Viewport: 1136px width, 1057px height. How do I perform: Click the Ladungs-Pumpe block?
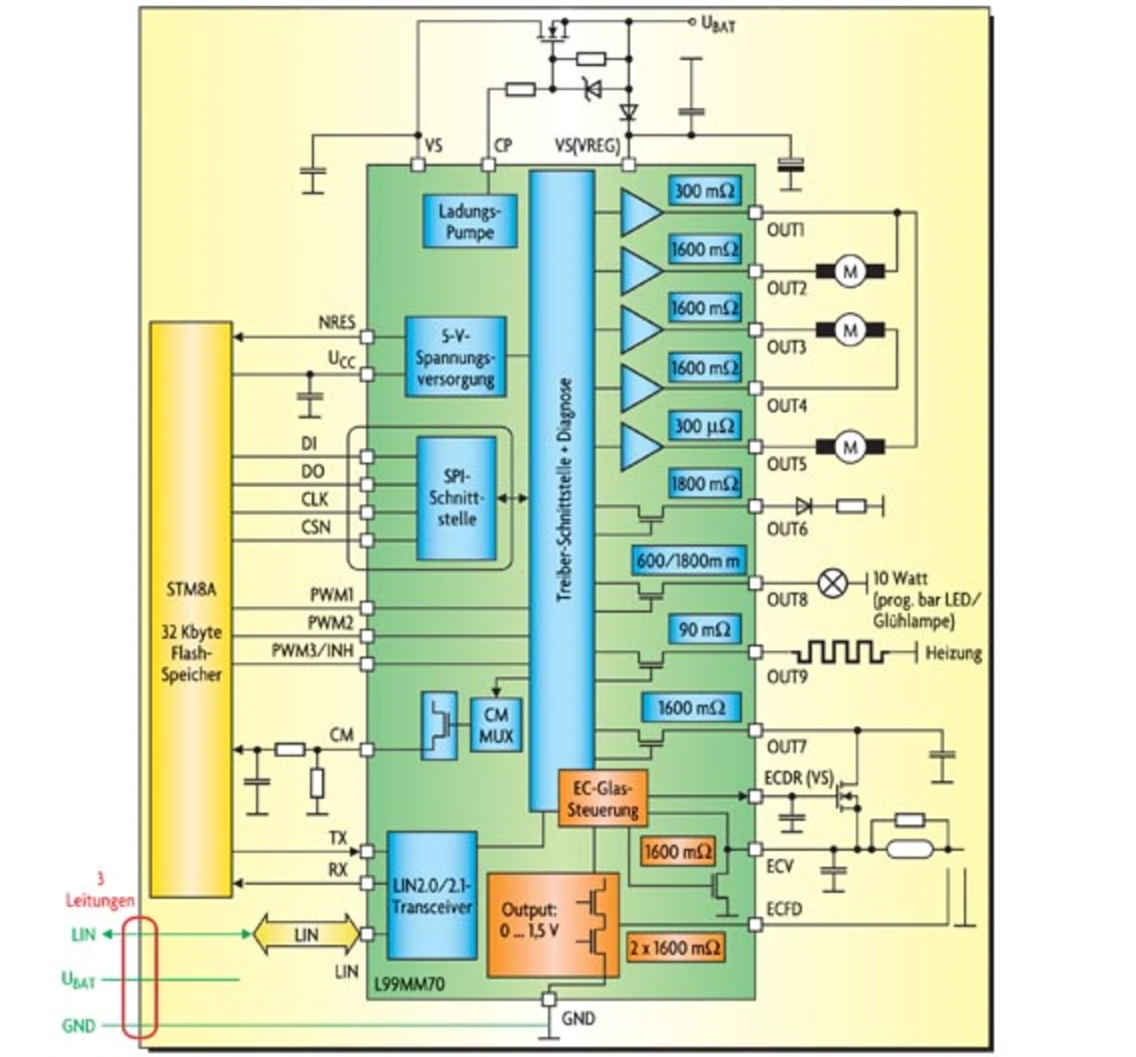[469, 221]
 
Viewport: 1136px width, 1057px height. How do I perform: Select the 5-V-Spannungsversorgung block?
[455, 357]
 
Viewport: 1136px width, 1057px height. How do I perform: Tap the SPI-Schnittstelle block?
[456, 497]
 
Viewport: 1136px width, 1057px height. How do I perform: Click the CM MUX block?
[496, 725]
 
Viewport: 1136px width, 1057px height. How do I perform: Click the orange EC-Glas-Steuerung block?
[603, 799]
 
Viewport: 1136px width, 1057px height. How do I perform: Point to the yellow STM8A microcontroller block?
[191, 609]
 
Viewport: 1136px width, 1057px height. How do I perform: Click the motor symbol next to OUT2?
[850, 271]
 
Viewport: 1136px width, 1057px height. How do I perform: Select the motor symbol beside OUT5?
[850, 446]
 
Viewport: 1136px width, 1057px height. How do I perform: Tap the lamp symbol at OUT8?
[832, 584]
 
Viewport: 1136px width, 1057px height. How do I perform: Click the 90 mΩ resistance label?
[704, 630]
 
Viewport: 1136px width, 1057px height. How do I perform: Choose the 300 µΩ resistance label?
[704, 426]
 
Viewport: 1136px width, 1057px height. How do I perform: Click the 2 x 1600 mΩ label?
[674, 947]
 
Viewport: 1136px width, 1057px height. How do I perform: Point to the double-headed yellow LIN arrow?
[306, 934]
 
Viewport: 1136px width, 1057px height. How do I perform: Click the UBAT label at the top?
[718, 25]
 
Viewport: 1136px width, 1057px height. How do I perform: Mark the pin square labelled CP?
[487, 165]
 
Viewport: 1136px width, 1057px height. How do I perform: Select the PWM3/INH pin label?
[312, 651]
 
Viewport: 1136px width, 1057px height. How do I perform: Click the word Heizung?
[953, 654]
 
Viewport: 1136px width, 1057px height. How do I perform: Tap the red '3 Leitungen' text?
[99, 890]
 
